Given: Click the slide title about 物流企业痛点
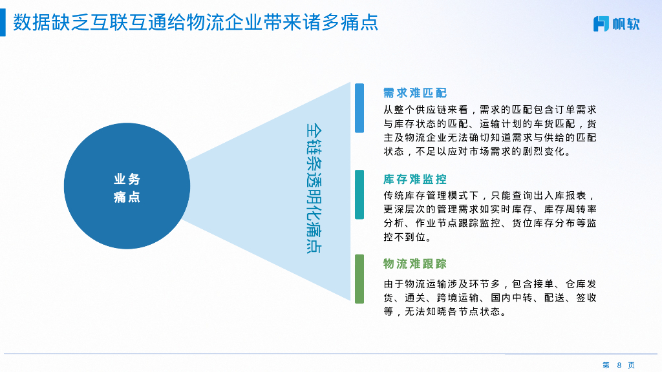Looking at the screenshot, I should tap(195, 23).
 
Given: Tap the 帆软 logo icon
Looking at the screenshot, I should tap(601, 24).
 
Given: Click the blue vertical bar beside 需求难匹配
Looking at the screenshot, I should tap(359, 108).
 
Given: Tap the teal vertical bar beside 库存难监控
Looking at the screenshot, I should tap(359, 194).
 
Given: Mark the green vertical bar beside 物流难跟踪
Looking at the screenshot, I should tap(359, 278).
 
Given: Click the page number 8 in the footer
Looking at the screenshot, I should tap(619, 365).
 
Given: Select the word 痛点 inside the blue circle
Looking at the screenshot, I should tap(127, 198).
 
